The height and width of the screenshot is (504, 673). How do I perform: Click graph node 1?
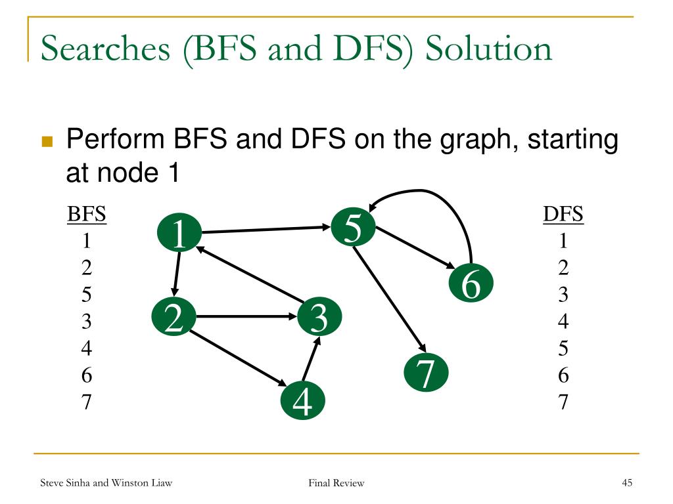click(x=179, y=233)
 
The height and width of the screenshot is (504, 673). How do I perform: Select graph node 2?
click(x=174, y=318)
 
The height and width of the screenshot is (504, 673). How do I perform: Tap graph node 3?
click(x=319, y=318)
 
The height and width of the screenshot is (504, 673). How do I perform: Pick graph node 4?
click(x=302, y=402)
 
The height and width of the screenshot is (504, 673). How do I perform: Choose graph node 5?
click(x=353, y=228)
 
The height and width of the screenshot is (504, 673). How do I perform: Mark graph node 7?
click(x=426, y=374)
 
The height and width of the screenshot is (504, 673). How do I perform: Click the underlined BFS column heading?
click(x=87, y=215)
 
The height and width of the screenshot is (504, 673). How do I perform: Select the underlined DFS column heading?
click(x=563, y=215)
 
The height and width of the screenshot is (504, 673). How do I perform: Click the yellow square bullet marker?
click(x=47, y=142)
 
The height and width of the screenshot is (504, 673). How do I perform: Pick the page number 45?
click(x=626, y=484)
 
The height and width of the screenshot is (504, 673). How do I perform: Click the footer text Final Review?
click(x=336, y=484)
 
